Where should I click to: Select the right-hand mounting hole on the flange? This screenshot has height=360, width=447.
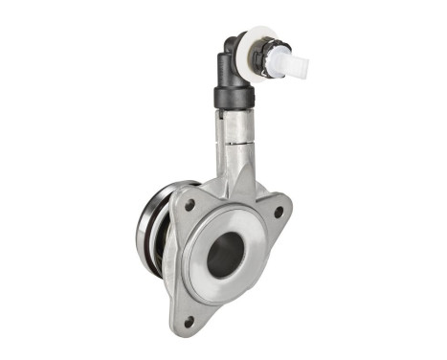tap(278, 213)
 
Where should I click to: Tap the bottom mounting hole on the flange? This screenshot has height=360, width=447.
tap(190, 320)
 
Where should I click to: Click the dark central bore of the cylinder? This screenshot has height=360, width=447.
tap(226, 256)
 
